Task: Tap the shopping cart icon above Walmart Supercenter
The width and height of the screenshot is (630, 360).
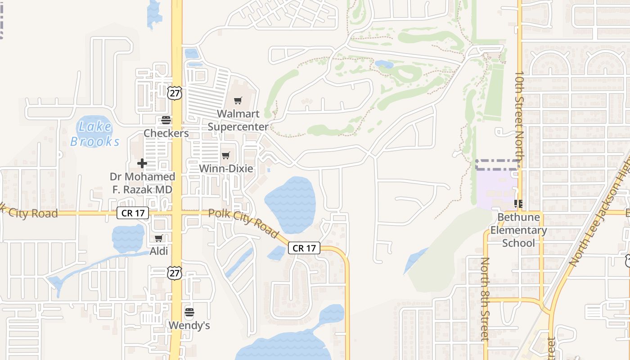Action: click(x=238, y=100)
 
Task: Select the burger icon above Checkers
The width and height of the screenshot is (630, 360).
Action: click(x=166, y=120)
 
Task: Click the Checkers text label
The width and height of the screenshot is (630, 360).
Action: click(x=166, y=133)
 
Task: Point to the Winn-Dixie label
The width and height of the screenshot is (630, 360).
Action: click(x=226, y=169)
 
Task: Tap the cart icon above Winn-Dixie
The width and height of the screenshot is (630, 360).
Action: click(x=226, y=156)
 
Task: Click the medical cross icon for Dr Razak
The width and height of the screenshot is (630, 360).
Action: click(x=142, y=163)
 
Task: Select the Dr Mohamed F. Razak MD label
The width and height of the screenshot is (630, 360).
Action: click(x=142, y=183)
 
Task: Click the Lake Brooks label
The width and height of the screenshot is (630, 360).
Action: click(x=95, y=134)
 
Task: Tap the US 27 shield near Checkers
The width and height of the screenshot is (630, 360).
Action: click(x=175, y=93)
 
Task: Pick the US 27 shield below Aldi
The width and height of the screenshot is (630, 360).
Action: click(x=175, y=273)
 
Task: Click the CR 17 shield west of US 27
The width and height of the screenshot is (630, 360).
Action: click(x=133, y=213)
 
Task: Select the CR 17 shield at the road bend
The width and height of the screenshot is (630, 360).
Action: click(x=304, y=248)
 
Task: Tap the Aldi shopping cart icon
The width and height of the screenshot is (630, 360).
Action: click(x=158, y=238)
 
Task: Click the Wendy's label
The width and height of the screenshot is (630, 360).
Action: click(x=189, y=325)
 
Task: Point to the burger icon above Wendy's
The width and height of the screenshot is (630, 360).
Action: click(x=189, y=312)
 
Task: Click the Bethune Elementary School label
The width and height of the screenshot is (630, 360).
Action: click(x=518, y=230)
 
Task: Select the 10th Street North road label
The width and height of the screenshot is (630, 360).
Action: click(x=519, y=115)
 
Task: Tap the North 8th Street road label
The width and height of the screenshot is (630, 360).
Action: click(x=485, y=299)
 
